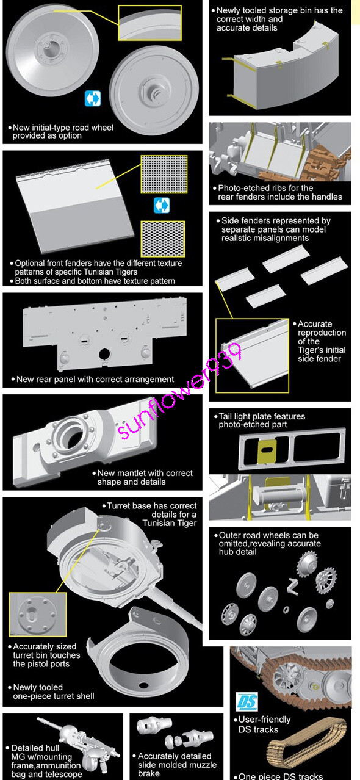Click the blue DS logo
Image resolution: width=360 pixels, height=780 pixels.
(247, 701)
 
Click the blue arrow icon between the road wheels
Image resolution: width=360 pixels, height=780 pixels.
(93, 98)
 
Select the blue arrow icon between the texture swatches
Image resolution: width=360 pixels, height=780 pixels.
(162, 205)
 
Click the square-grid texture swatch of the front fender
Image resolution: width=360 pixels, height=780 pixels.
(164, 174)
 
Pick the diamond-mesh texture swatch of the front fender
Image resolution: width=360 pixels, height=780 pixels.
(162, 239)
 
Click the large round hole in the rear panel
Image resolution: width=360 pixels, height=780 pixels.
(104, 354)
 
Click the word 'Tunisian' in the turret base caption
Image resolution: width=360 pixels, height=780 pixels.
(169, 523)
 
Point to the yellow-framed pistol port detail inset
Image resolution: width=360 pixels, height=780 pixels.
(38, 614)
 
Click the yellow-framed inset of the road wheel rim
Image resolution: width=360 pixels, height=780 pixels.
(149, 23)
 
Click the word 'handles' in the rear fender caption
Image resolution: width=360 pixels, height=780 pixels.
(327, 197)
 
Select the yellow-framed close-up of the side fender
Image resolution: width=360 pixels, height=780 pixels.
(252, 356)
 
